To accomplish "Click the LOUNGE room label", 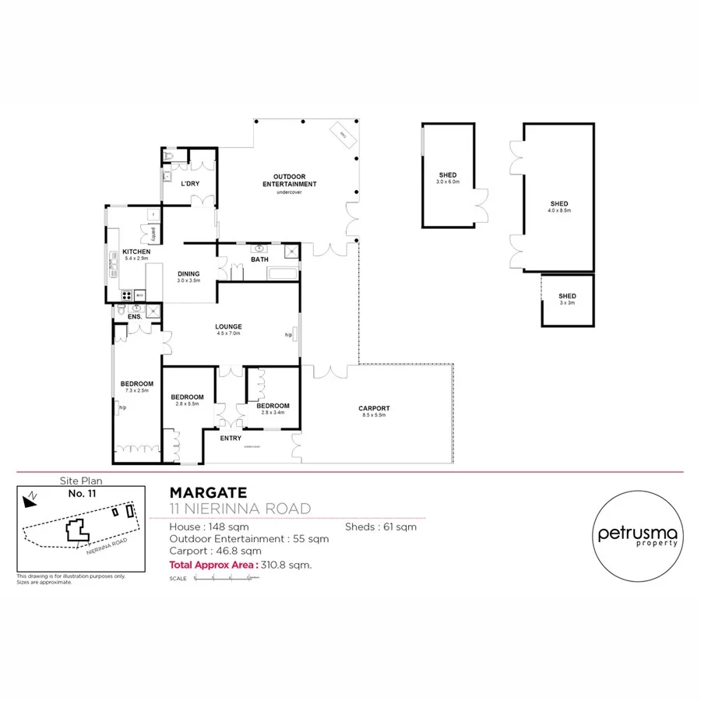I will pyautogui.click(x=229, y=327).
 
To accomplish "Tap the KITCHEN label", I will pyautogui.click(x=136, y=252).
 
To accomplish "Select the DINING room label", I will pyautogui.click(x=188, y=274).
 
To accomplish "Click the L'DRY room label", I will pyautogui.click(x=189, y=184).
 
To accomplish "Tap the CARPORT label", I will pyautogui.click(x=374, y=409).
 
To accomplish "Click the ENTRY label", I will pyautogui.click(x=231, y=438).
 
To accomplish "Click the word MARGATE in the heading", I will pyautogui.click(x=208, y=492).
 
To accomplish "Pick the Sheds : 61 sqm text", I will pyautogui.click(x=381, y=527).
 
